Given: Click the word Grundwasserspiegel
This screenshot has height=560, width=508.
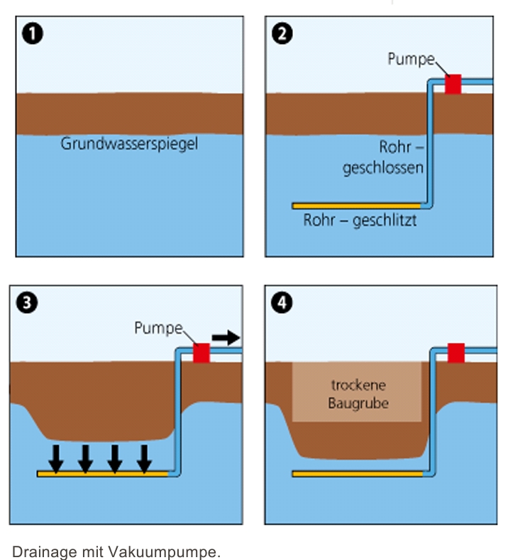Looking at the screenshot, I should tap(129, 144).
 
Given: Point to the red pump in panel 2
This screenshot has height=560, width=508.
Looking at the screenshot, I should tap(453, 84).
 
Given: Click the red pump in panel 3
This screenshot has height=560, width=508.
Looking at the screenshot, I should tap(202, 353).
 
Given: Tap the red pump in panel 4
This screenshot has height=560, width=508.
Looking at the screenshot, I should tap(456, 353).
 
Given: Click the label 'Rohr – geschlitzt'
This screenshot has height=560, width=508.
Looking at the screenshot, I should tap(360, 221).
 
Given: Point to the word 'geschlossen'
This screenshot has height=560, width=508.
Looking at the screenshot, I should tap(383, 169).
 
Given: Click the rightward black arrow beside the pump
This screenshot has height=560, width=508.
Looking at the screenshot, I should tap(226, 337).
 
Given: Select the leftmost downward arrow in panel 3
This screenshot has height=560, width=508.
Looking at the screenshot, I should tap(56, 459).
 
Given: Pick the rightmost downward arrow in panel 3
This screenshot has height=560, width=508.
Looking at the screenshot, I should tap(144, 459).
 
